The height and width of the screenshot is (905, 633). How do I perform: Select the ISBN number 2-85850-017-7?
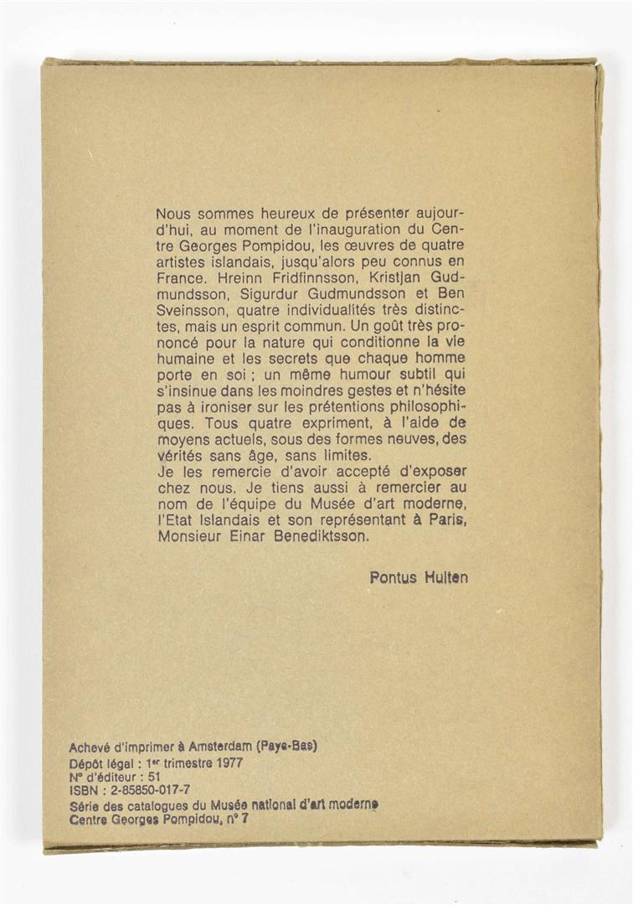(x=146, y=791)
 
